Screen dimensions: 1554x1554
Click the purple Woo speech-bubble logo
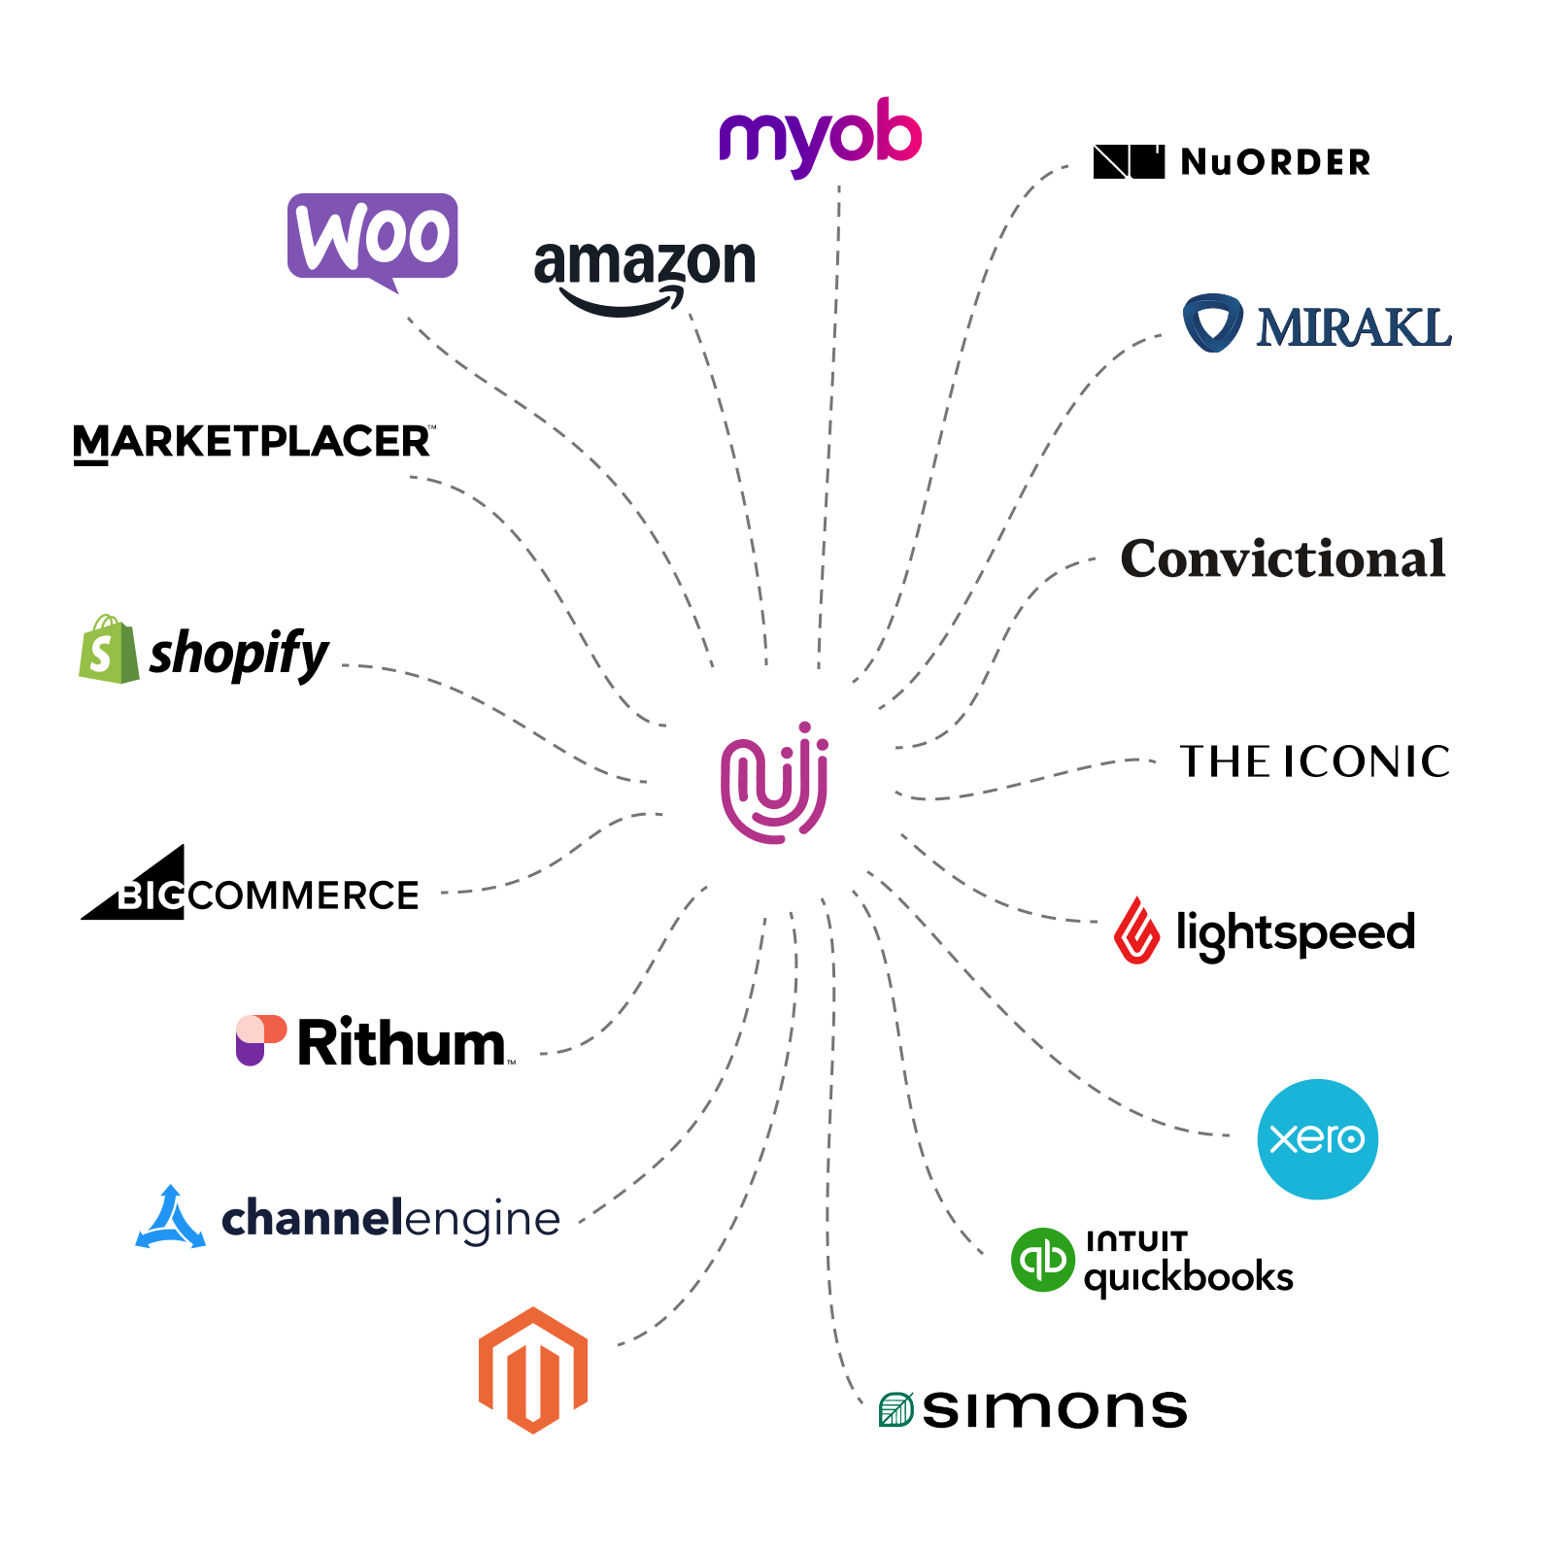pyautogui.click(x=373, y=236)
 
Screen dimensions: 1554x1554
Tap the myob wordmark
pyautogui.click(x=821, y=136)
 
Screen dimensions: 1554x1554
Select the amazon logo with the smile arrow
pyautogui.click(x=645, y=274)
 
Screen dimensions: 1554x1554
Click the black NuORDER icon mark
pyautogui.click(x=1129, y=161)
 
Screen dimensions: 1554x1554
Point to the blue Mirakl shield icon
pyautogui.click(x=1212, y=321)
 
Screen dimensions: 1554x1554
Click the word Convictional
pyautogui.click(x=1283, y=558)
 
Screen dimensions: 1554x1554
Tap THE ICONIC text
pyautogui.click(x=1314, y=761)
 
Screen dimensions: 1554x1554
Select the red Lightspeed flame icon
pyautogui.click(x=1137, y=930)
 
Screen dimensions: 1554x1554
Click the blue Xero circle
pyautogui.click(x=1317, y=1138)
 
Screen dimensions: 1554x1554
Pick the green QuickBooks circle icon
pyautogui.click(x=1042, y=1260)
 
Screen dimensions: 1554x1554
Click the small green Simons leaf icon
pyautogui.click(x=895, y=1409)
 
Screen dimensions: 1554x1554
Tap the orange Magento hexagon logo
pyautogui.click(x=533, y=1369)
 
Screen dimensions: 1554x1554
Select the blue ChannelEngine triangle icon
pyautogui.click(x=171, y=1218)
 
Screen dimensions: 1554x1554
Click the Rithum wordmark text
pyautogui.click(x=402, y=1043)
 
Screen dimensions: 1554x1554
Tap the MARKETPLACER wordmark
pyautogui.click(x=253, y=443)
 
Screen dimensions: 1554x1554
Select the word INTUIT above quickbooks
pyautogui.click(x=1136, y=1241)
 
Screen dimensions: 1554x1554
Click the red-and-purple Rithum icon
pyautogui.click(x=260, y=1040)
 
